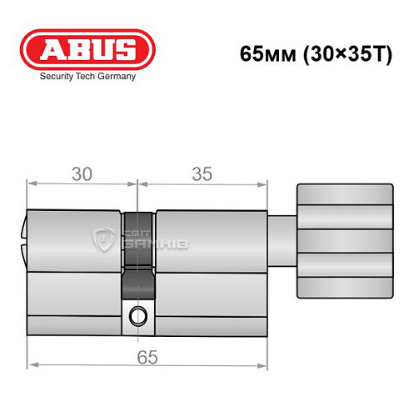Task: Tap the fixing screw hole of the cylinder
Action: [x=137, y=316]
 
